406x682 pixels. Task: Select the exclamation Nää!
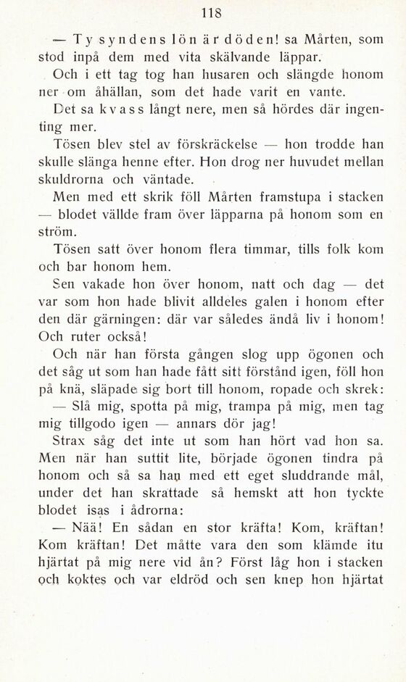point(83,527)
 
